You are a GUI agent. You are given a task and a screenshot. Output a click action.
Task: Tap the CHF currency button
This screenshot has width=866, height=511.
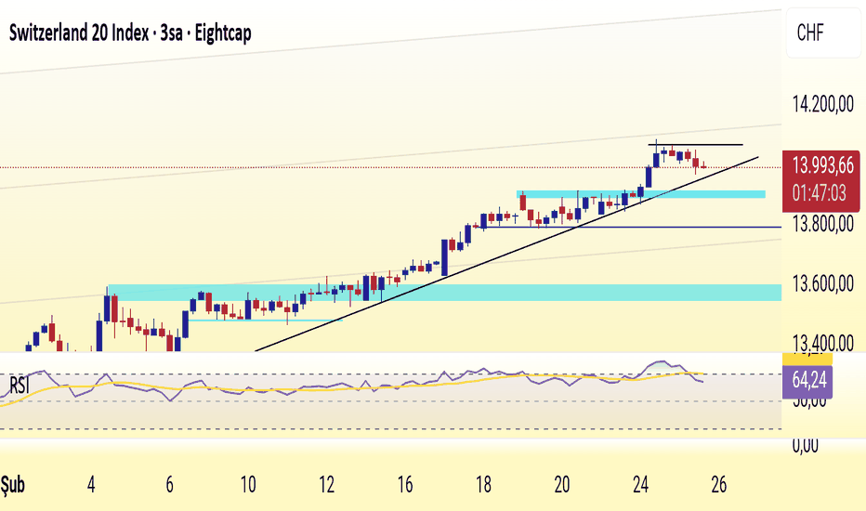[x=810, y=35]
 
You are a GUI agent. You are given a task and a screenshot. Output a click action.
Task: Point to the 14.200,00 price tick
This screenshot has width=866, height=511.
[x=820, y=106]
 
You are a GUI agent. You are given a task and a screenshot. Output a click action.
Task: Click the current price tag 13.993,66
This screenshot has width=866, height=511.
[x=822, y=167]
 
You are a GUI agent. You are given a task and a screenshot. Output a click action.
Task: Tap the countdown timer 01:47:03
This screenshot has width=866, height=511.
[x=822, y=193]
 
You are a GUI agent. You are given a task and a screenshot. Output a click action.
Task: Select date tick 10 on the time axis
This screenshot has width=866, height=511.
[x=247, y=485]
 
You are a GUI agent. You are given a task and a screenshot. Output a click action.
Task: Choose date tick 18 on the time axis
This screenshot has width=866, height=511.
[x=482, y=485]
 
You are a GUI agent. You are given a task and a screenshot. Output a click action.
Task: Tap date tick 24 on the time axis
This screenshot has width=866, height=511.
[x=639, y=485]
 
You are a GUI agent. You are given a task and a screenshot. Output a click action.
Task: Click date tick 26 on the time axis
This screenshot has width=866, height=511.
[x=717, y=485]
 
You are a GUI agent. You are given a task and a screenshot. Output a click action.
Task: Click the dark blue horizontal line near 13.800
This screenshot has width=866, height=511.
[x=650, y=227]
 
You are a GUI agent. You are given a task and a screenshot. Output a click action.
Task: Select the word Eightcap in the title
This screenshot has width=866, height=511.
[x=222, y=33]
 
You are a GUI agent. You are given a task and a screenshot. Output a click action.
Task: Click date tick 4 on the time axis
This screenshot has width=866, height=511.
[x=91, y=485]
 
